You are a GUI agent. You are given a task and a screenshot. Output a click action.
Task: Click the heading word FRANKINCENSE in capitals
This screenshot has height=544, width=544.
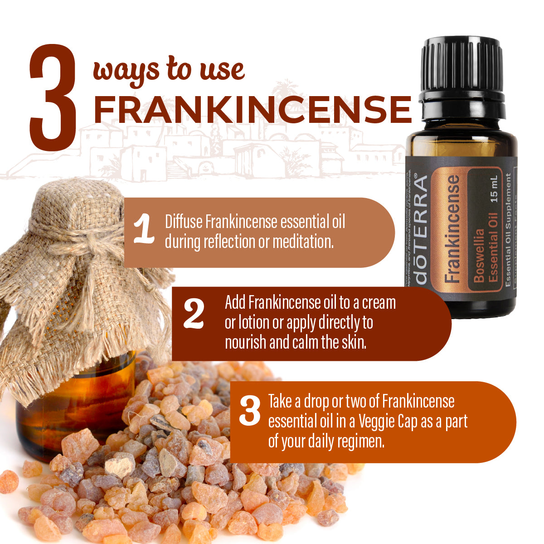pos(252,109)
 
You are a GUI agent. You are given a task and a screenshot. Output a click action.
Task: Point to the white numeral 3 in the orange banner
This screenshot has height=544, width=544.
pos(250,411)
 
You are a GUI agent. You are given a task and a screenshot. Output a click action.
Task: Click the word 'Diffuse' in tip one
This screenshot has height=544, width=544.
pos(184,222)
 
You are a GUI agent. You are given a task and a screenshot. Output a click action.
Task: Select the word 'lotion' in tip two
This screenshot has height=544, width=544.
pos(253,322)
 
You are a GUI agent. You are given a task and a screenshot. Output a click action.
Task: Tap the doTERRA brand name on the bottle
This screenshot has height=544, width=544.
pos(421,231)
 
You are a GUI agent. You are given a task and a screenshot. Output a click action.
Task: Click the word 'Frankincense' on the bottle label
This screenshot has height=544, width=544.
pos(452,229)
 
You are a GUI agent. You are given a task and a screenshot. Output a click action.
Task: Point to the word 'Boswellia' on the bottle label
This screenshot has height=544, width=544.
pos(478,257)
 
